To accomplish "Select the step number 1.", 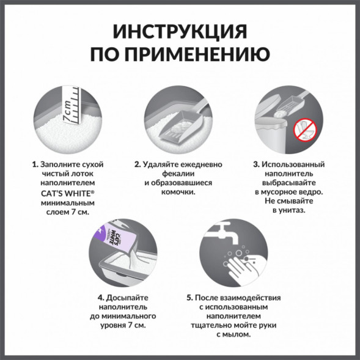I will [34, 165].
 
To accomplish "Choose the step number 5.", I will [190, 298].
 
